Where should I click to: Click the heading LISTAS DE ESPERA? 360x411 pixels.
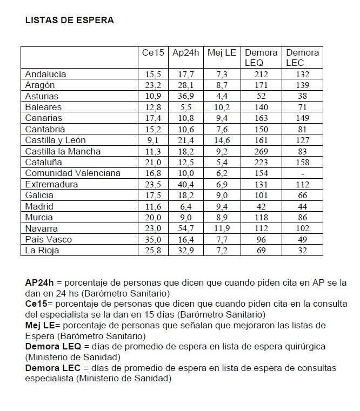[x=70, y=21]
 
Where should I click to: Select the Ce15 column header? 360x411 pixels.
[x=152, y=53]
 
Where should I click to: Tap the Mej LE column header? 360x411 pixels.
[x=222, y=53]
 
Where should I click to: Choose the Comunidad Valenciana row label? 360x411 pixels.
[x=72, y=173]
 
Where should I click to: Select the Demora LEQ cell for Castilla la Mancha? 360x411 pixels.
[x=261, y=151]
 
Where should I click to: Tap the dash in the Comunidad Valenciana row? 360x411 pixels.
[x=302, y=173]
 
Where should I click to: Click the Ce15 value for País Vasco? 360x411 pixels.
[x=152, y=239]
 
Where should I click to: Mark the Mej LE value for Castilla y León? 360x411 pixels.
[x=222, y=140]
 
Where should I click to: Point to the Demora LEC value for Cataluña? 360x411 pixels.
[x=302, y=162]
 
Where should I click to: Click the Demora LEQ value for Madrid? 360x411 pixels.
[x=261, y=206]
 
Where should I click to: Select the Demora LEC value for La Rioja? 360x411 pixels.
[x=302, y=251]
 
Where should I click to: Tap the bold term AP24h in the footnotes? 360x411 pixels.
[x=39, y=282]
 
